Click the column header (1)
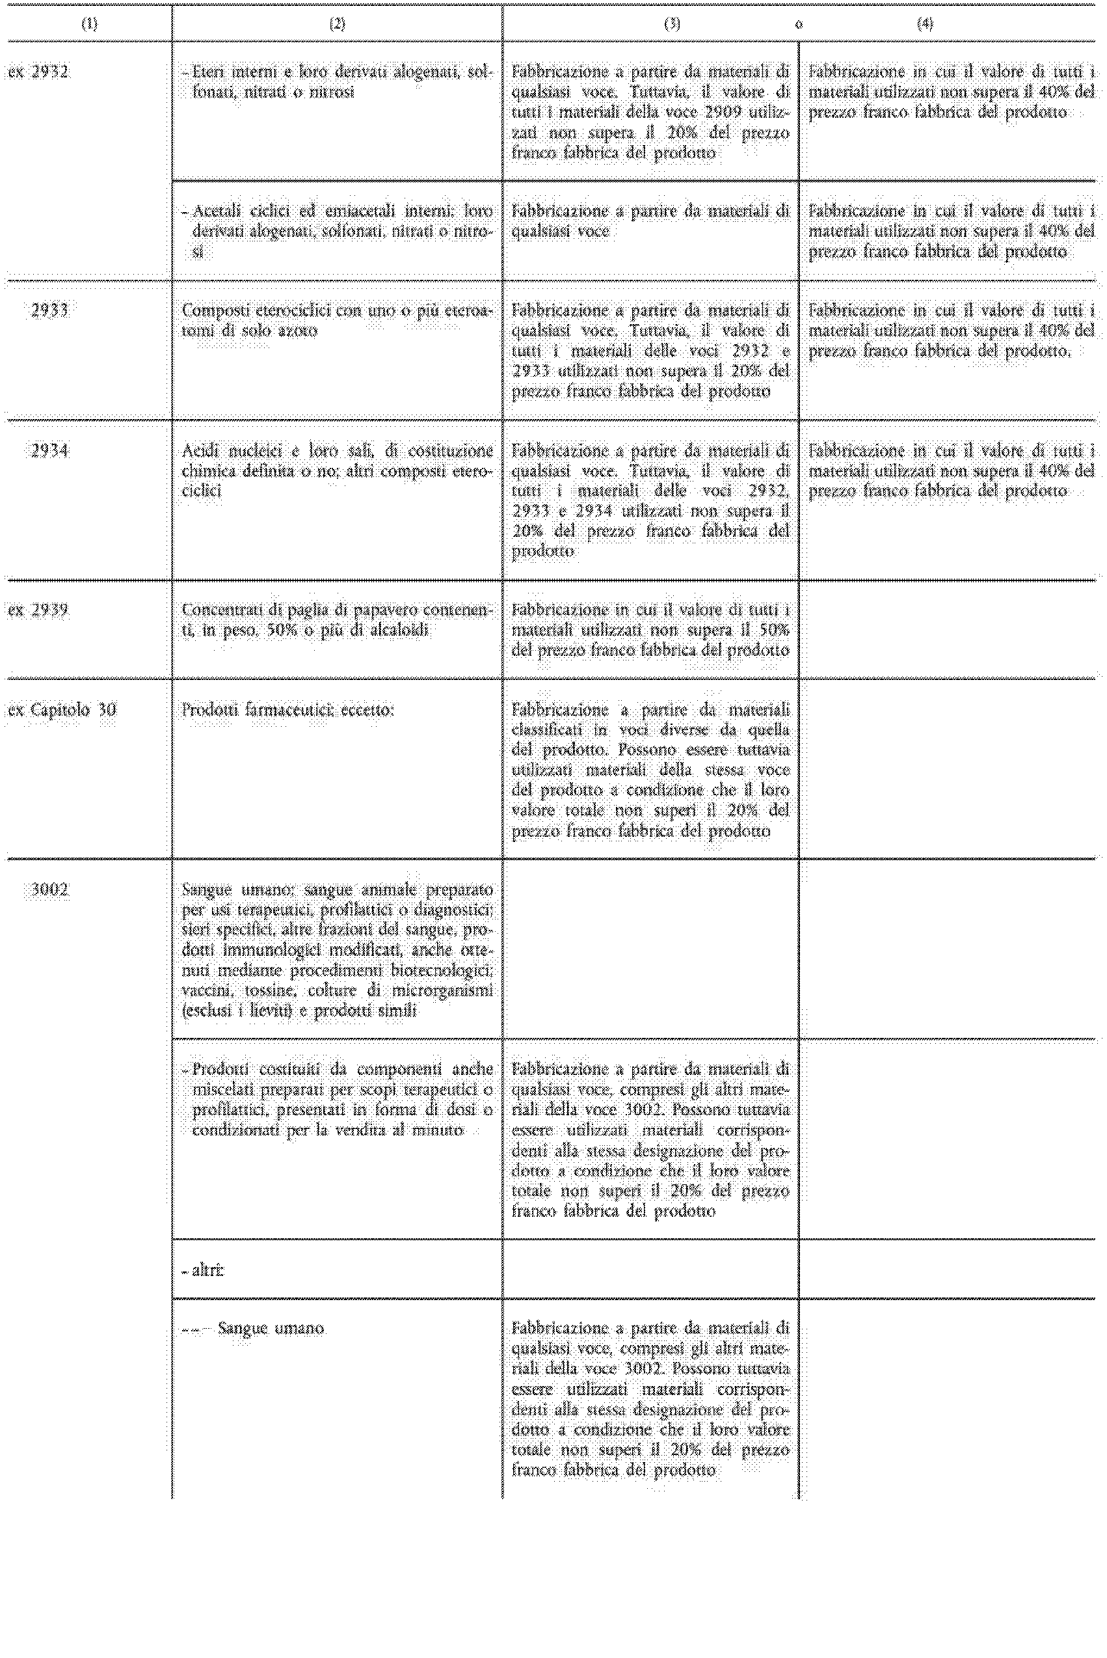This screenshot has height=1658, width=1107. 89,24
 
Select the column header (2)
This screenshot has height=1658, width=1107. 338,24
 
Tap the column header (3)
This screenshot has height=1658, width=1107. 672,24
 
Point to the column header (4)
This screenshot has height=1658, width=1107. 925,24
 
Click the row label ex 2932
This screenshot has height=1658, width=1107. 38,72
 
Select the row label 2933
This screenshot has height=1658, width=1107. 49,310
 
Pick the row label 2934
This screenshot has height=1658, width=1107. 49,450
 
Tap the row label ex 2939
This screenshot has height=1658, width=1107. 38,610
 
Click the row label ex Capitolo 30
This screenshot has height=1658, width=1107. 62,711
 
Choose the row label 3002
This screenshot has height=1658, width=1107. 49,890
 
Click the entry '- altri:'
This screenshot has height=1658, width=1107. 204,1270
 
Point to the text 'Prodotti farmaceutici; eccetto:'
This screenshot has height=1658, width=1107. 287,711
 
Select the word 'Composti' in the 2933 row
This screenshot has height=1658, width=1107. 210,310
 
